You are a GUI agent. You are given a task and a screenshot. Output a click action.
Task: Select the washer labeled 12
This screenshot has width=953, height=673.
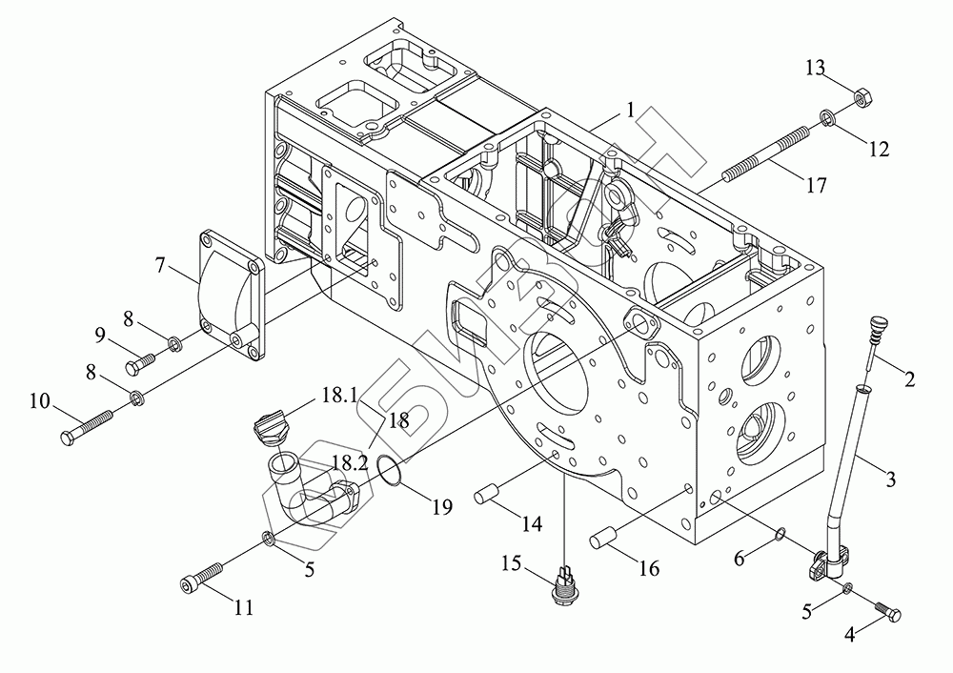click(x=825, y=118)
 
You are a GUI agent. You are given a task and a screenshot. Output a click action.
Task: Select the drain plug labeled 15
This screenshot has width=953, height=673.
click(x=565, y=584)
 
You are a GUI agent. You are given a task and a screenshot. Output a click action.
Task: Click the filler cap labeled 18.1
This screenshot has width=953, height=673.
click(x=271, y=422)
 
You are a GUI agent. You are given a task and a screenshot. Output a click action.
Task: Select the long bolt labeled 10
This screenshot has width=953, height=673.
click(x=89, y=426)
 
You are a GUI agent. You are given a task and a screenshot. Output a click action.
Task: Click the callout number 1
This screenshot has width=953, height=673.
click(x=630, y=111)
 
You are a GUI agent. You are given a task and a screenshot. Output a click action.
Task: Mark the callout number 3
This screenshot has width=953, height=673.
click(x=890, y=479)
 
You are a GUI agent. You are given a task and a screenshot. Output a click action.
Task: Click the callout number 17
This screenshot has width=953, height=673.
click(x=816, y=186)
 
